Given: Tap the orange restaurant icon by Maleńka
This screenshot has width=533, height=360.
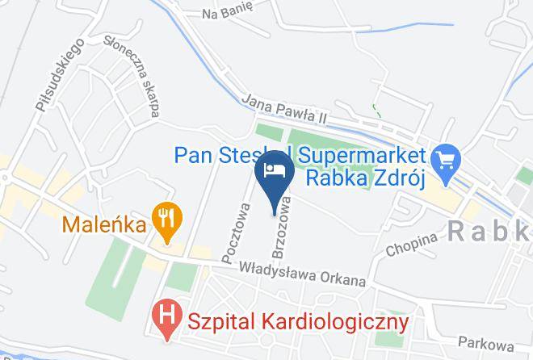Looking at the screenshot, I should (x=167, y=219).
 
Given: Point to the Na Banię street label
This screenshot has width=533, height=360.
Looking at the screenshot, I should (x=228, y=14).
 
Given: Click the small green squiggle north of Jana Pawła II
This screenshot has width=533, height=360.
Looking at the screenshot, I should (x=374, y=109).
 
